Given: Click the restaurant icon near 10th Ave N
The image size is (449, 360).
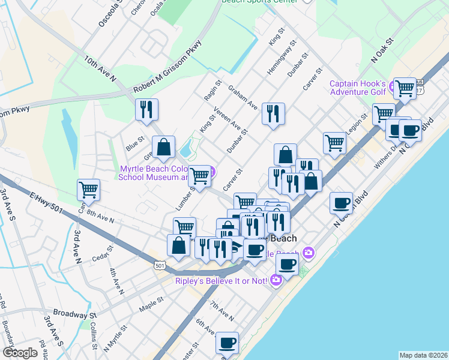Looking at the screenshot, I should click(146, 110).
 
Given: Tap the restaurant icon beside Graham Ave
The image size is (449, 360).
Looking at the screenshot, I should click(273, 114).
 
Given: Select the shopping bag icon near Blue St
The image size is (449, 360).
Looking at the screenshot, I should click(163, 148).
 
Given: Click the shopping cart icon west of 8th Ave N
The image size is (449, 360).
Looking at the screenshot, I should click(88, 190).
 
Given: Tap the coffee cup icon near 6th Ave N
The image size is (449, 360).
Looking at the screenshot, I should click(227, 343).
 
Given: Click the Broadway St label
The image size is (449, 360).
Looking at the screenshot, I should click(74, 313).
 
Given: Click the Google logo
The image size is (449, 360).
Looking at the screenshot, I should click(20, 353).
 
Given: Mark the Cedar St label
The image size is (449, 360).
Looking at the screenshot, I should click(100, 254).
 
